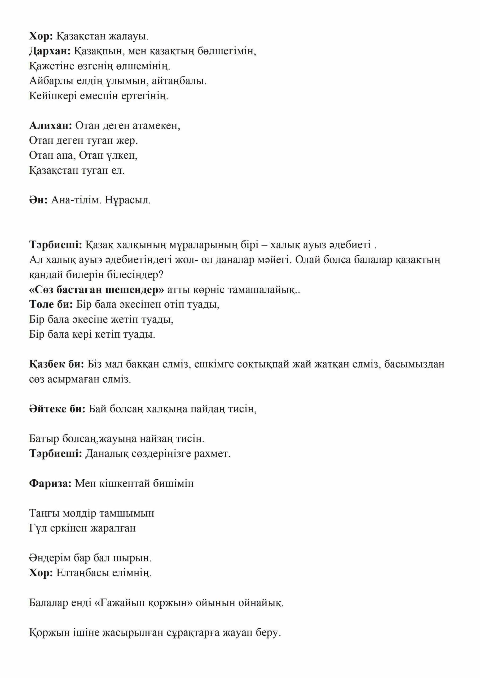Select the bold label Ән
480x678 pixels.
38,200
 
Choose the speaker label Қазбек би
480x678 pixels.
56,364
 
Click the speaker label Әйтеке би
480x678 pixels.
57,409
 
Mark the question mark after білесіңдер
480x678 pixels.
161,275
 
